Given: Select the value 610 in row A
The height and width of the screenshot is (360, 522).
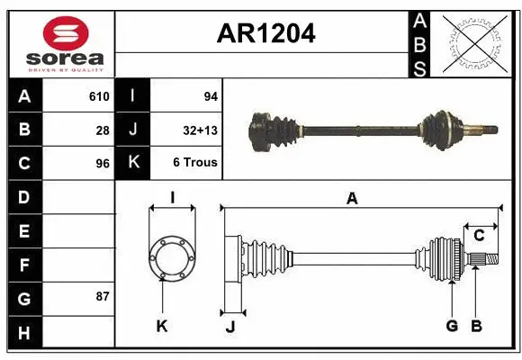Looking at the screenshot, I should pos(98,96).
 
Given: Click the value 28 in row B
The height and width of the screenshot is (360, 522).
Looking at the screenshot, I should pos(103,130).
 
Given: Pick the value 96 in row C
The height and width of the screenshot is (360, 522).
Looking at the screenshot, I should pos(103,164).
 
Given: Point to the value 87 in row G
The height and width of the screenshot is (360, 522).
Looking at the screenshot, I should pos(103,296).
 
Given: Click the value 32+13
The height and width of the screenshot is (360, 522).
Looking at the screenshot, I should pos(199,130).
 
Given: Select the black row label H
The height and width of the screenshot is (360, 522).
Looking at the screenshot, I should pos(24,332).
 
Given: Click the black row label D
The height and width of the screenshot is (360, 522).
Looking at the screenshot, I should pos(24,197).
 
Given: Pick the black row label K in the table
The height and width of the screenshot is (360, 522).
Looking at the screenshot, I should pos(133,164).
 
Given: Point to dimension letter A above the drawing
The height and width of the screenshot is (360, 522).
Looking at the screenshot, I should pos(352,198).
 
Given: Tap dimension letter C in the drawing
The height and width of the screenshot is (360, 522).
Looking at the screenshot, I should pos(479,236).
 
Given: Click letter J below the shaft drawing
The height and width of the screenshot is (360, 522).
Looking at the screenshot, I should pos(230,327).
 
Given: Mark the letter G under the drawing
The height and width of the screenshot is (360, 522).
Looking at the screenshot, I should pos(452,326).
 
